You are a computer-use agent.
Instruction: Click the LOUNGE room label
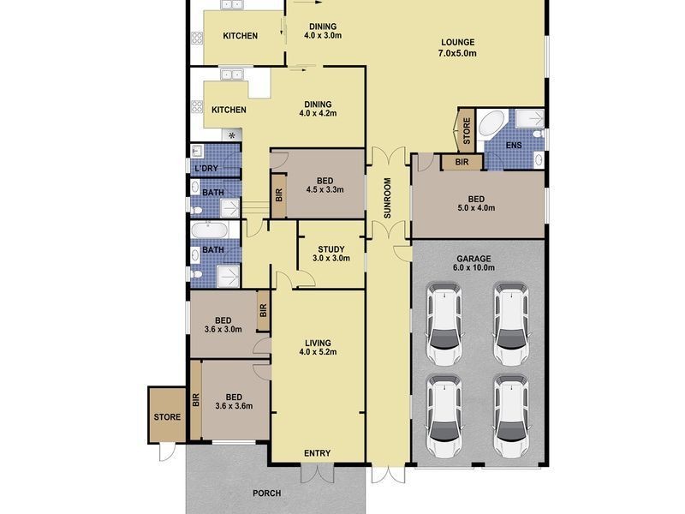(457, 42)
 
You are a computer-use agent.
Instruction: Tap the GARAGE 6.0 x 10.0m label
(474, 263)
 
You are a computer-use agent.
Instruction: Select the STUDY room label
(331, 249)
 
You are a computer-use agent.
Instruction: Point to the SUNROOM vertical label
(387, 198)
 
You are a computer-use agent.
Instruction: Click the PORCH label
(266, 493)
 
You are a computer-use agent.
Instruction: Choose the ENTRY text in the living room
(317, 453)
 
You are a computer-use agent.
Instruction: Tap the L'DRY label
(206, 168)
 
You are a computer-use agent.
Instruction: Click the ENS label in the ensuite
(513, 145)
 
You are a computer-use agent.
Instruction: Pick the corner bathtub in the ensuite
(491, 124)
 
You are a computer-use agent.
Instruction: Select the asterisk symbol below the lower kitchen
(232, 135)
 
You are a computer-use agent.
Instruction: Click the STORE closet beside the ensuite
(466, 131)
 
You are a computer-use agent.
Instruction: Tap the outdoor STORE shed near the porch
(167, 415)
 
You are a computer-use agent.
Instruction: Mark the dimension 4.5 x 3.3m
(325, 189)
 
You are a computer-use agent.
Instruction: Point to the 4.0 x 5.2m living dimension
(318, 352)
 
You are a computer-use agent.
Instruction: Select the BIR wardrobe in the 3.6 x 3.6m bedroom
(196, 400)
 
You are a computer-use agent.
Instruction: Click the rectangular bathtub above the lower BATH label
(209, 230)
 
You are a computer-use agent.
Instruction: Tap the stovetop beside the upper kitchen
(197, 38)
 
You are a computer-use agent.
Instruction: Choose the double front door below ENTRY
(317, 473)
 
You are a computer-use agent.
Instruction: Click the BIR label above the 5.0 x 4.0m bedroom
(462, 162)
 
